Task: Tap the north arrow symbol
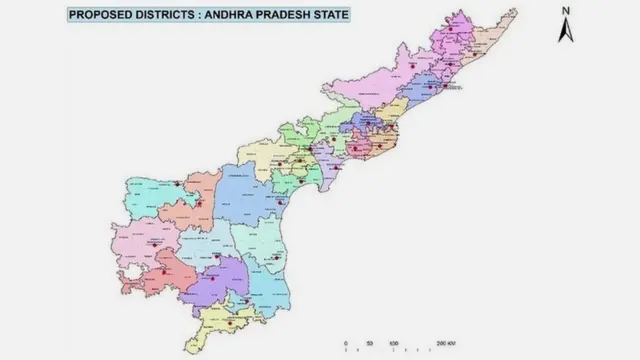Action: pyautogui.click(x=565, y=30)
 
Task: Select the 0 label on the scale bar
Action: pyautogui.click(x=345, y=343)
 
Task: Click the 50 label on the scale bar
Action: pyautogui.click(x=370, y=343)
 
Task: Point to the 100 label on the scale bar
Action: pyautogui.click(x=393, y=343)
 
